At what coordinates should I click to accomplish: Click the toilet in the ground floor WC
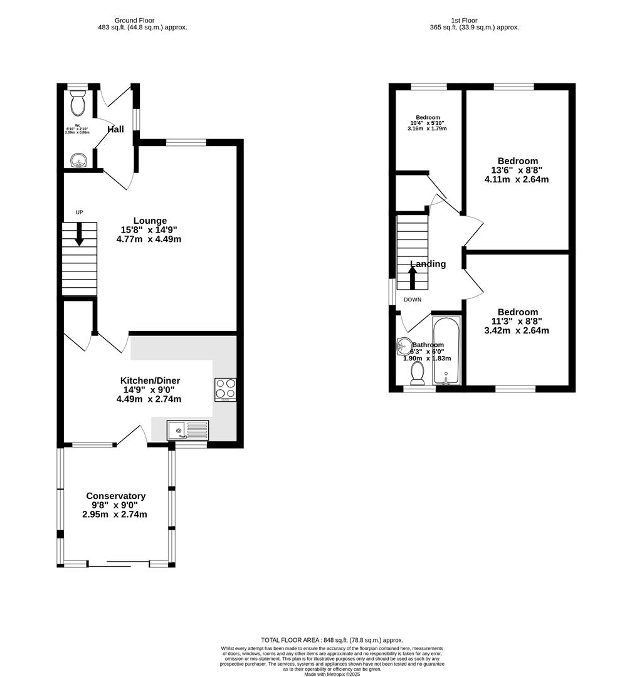pyautogui.click(x=78, y=103)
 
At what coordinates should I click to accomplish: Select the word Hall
pyautogui.click(x=115, y=130)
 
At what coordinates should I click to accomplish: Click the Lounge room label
pyautogui.click(x=150, y=221)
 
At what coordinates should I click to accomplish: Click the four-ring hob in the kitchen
pyautogui.click(x=225, y=390)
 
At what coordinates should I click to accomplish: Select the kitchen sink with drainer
pyautogui.click(x=187, y=430)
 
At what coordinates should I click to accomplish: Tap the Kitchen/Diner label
pyautogui.click(x=150, y=380)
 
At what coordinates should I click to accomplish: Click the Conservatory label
pyautogui.click(x=115, y=496)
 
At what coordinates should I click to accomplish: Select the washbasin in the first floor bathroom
pyautogui.click(x=403, y=345)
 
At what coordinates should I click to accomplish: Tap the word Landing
pyautogui.click(x=428, y=264)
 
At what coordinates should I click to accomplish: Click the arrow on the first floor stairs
pyautogui.click(x=412, y=277)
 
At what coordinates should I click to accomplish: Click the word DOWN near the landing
pyautogui.click(x=413, y=300)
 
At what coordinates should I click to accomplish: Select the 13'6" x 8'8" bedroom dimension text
pyautogui.click(x=517, y=170)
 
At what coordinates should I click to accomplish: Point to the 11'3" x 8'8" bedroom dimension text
pyautogui.click(x=517, y=322)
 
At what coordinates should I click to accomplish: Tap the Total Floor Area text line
pyautogui.click(x=332, y=639)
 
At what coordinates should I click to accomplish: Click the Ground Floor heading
pyautogui.click(x=142, y=20)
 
